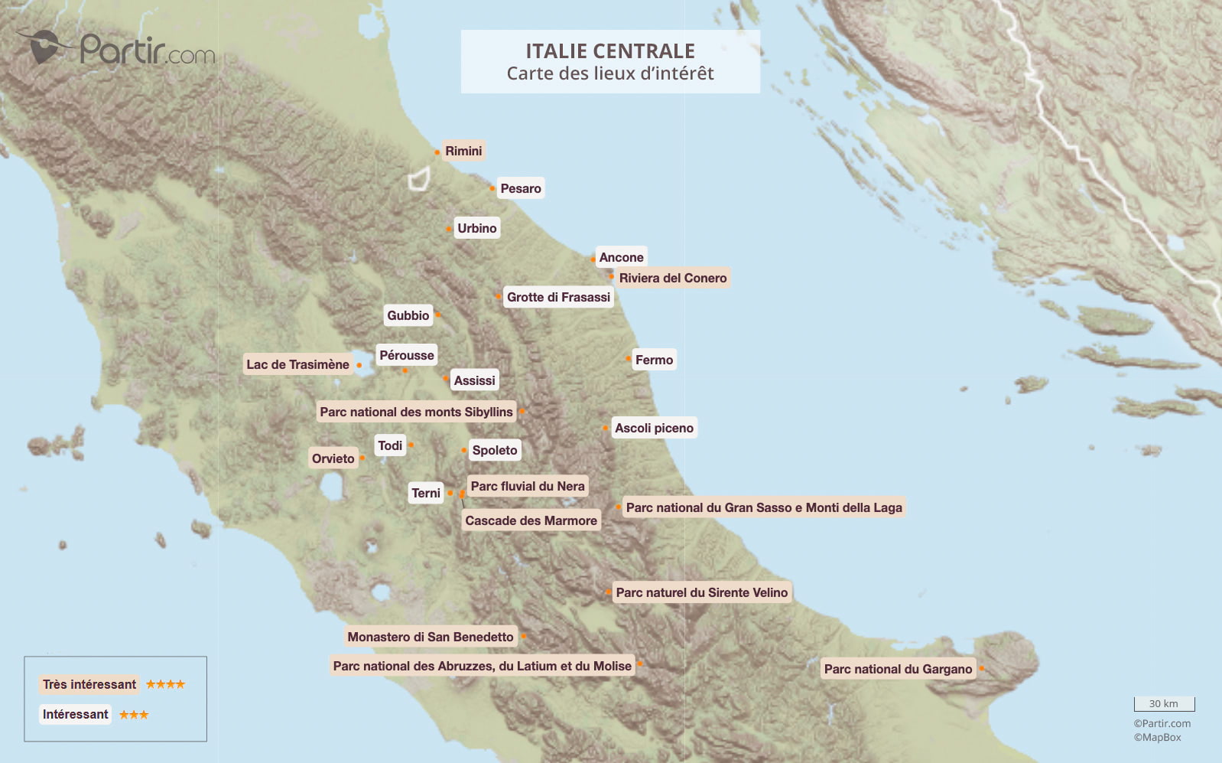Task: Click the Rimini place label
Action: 463,151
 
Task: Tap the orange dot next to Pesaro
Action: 492,188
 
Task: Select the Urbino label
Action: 477,228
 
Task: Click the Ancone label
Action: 621,257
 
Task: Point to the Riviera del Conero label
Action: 673,278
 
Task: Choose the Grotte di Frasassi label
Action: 558,297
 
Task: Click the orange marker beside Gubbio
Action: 437,315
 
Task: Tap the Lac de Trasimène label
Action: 297,364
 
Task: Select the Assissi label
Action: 474,380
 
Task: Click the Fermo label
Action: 654,360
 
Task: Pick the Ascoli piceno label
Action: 654,428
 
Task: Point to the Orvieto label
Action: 333,458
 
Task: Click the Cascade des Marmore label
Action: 531,520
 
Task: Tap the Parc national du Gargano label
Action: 898,669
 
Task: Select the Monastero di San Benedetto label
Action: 431,637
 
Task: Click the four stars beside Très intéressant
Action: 165,684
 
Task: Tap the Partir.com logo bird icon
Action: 44,46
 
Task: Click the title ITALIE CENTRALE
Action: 610,51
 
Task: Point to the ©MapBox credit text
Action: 1157,737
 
